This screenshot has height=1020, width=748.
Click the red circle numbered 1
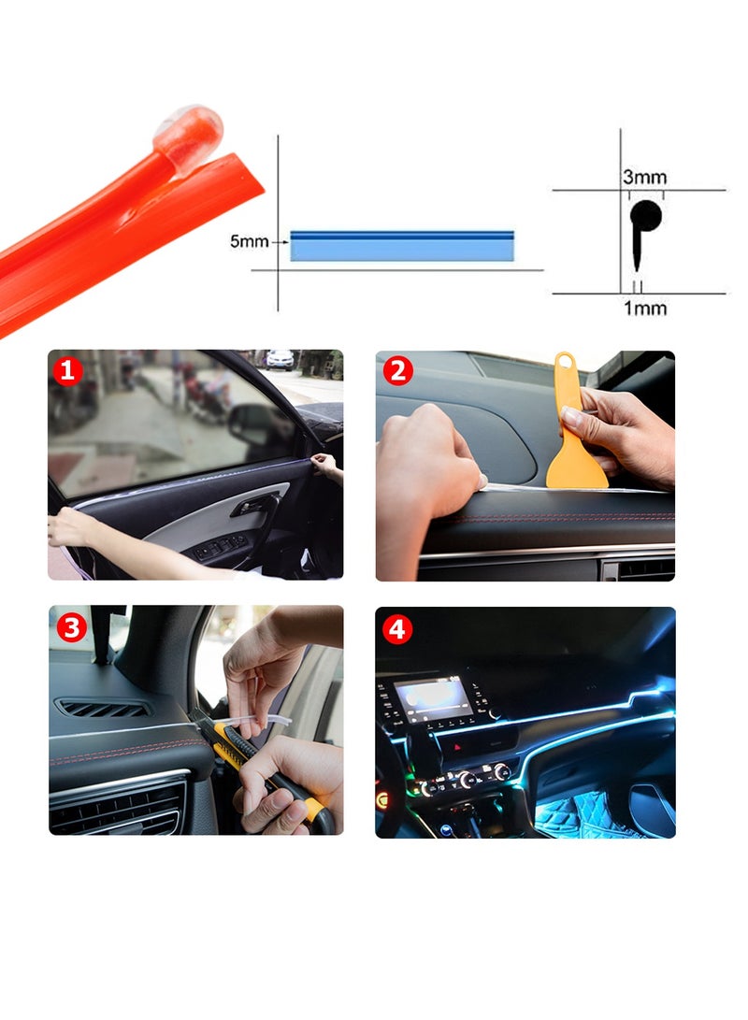(x=67, y=371)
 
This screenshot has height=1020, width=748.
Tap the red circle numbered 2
(x=396, y=371)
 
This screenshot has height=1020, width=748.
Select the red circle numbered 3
(x=71, y=625)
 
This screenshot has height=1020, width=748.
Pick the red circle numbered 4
(x=396, y=629)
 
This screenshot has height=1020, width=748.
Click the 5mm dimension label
(x=249, y=242)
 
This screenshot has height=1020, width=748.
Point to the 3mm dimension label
(x=645, y=177)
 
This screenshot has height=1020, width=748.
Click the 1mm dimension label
(x=645, y=308)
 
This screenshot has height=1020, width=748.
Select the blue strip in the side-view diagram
(x=402, y=246)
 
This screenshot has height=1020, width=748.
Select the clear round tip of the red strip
(x=190, y=128)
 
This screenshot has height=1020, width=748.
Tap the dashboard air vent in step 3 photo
(x=103, y=709)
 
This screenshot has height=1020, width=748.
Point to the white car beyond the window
(x=280, y=359)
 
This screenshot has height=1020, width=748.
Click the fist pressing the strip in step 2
(x=425, y=458)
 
